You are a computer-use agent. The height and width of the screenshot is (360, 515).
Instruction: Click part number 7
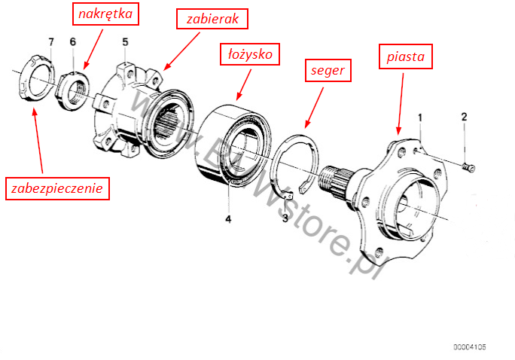(51, 41)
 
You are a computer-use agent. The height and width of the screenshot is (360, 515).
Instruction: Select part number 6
(73, 41)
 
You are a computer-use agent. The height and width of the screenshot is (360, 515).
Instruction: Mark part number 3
(285, 218)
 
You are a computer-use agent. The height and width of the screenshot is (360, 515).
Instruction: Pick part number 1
(421, 117)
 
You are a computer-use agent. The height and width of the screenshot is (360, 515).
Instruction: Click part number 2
(464, 117)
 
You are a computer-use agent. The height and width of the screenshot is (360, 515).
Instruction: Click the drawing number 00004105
(469, 347)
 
